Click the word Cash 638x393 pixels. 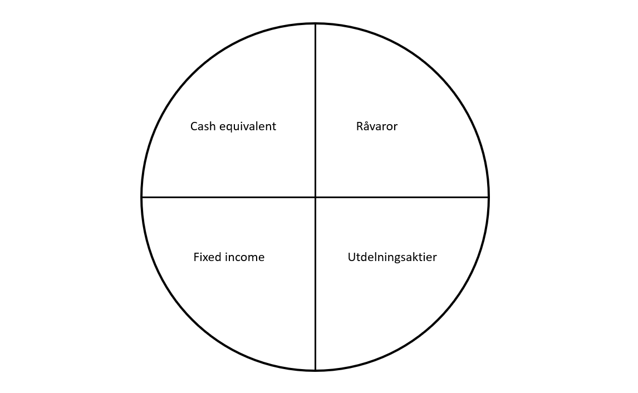pos(203,126)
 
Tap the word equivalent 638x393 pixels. pos(248,127)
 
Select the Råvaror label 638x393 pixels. pos(377,126)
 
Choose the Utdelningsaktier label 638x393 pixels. pos(392,257)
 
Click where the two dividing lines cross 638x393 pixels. pos(315,197)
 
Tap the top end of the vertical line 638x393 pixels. pos(315,23)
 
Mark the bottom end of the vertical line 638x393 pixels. pos(315,371)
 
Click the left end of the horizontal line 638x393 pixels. pos(141,197)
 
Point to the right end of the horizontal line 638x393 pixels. pos(489,197)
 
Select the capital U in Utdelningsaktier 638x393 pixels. pos(351,257)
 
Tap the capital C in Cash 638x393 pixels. pos(194,126)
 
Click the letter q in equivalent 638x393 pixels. pos(229,129)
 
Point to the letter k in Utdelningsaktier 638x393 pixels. pos(421,257)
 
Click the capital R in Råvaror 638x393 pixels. pos(359,126)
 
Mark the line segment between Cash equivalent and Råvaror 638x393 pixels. pos(315,110)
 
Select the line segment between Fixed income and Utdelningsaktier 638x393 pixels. pos(315,284)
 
